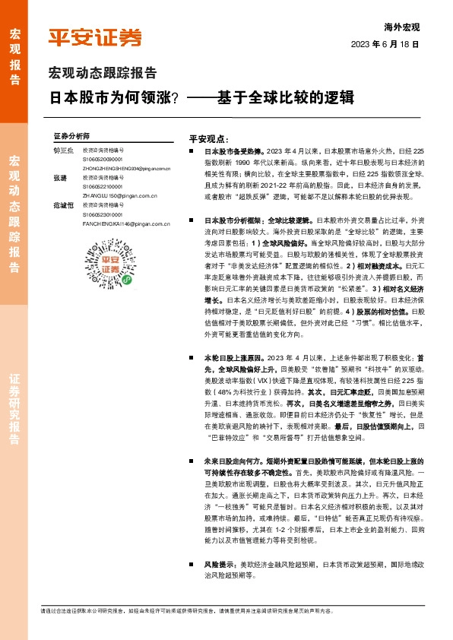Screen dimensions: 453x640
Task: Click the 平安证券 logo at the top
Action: coord(95,37)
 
